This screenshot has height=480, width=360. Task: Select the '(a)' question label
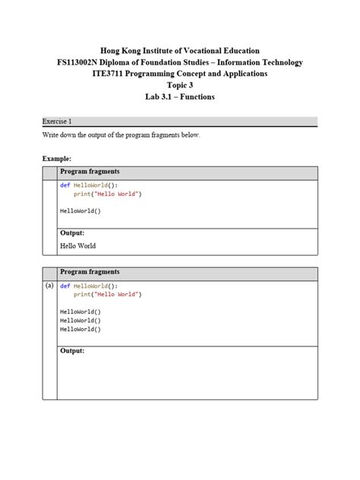point(49,286)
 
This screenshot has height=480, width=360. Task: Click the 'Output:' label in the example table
point(72,233)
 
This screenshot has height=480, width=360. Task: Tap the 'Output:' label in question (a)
point(72,351)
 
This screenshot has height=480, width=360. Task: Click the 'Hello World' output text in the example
point(77,246)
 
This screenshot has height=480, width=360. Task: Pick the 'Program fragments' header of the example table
point(90,172)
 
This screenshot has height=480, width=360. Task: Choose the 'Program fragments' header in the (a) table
point(90,272)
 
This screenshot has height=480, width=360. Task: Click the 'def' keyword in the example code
point(65,185)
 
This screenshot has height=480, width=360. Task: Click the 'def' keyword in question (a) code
point(65,286)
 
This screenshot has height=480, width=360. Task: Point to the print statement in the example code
point(107,194)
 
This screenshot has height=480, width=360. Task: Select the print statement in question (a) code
point(107,294)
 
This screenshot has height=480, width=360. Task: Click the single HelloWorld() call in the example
point(81,211)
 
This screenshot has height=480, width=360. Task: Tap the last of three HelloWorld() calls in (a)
point(81,330)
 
